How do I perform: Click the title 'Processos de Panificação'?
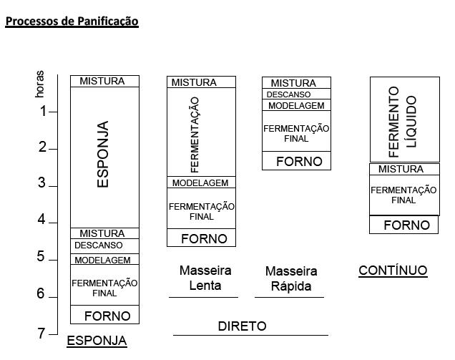coord(72,21)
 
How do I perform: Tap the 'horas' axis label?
coord(40,84)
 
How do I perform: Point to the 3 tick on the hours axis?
coord(53,186)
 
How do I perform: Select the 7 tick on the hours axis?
coord(53,334)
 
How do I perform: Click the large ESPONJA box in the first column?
coord(104,157)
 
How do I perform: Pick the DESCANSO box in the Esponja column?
coord(104,246)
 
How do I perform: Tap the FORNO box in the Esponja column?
coord(104,314)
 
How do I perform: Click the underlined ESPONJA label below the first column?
coord(97,341)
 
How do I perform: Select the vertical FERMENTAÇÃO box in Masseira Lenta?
coord(201,132)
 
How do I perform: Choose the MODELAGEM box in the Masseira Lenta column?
coord(201,183)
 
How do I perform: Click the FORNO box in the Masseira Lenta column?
coord(201,238)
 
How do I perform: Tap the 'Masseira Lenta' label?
coord(205,278)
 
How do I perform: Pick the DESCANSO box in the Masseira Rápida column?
coord(296,94)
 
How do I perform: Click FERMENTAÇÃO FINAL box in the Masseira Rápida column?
coord(296,131)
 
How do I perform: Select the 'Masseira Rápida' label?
coord(291,278)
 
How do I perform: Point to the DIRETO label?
coord(242,326)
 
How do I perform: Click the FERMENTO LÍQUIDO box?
coord(405,120)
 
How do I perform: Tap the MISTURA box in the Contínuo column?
coord(404,169)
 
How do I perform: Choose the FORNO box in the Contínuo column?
coord(403,225)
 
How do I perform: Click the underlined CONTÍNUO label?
coord(393,271)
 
